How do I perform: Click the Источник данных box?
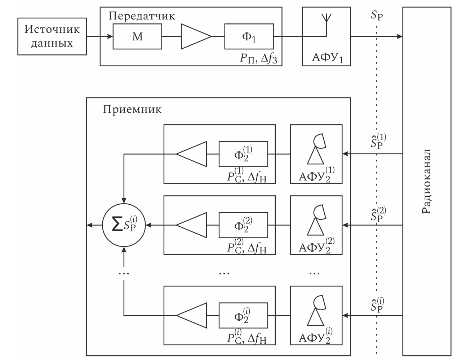[52, 36]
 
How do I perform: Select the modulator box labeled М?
[137, 36]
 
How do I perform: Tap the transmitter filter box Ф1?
[249, 36]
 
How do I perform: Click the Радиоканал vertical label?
[426, 180]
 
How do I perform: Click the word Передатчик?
[141, 16]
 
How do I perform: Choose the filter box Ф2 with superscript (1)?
[243, 154]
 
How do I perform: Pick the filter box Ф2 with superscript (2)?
[243, 225]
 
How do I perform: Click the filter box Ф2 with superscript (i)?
[243, 315]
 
